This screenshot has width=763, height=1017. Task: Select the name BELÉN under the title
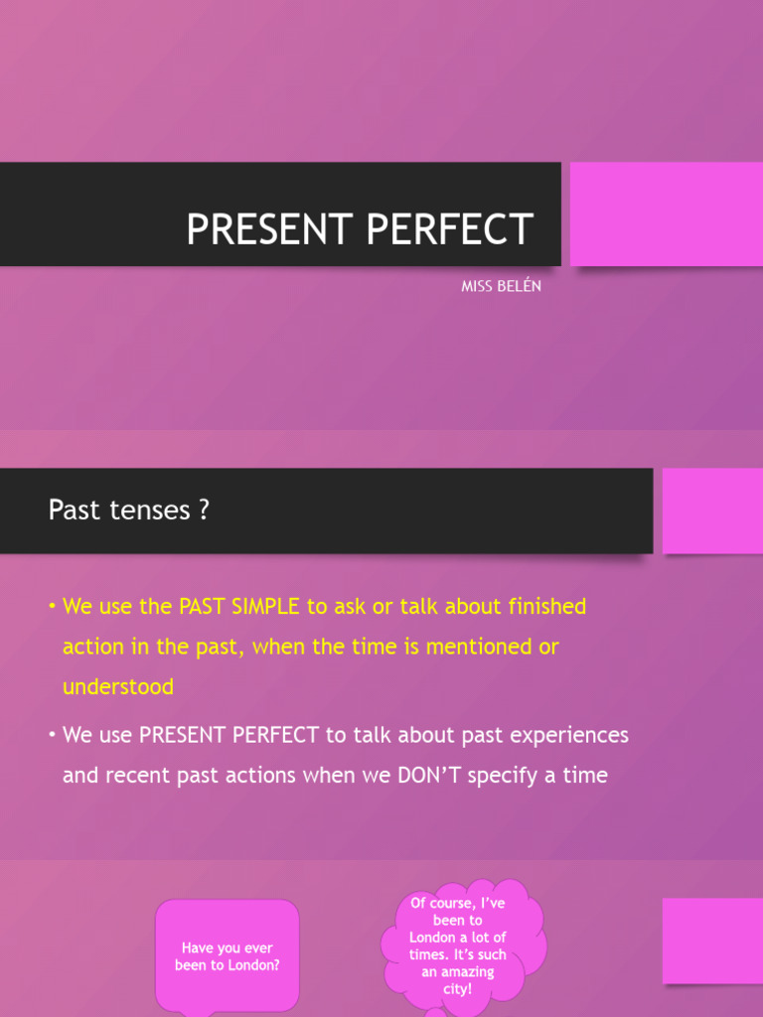[522, 287]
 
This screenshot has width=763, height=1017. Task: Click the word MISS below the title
[478, 287]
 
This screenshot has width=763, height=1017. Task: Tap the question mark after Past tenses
[204, 510]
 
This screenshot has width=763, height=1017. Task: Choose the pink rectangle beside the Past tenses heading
[712, 510]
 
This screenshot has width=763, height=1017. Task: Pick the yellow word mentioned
[475, 647]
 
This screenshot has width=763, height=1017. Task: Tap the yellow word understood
[118, 686]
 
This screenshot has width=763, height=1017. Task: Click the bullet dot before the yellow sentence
[53, 606]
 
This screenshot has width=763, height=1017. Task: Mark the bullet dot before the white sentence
[53, 735]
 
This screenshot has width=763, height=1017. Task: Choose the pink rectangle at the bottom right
[712, 941]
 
